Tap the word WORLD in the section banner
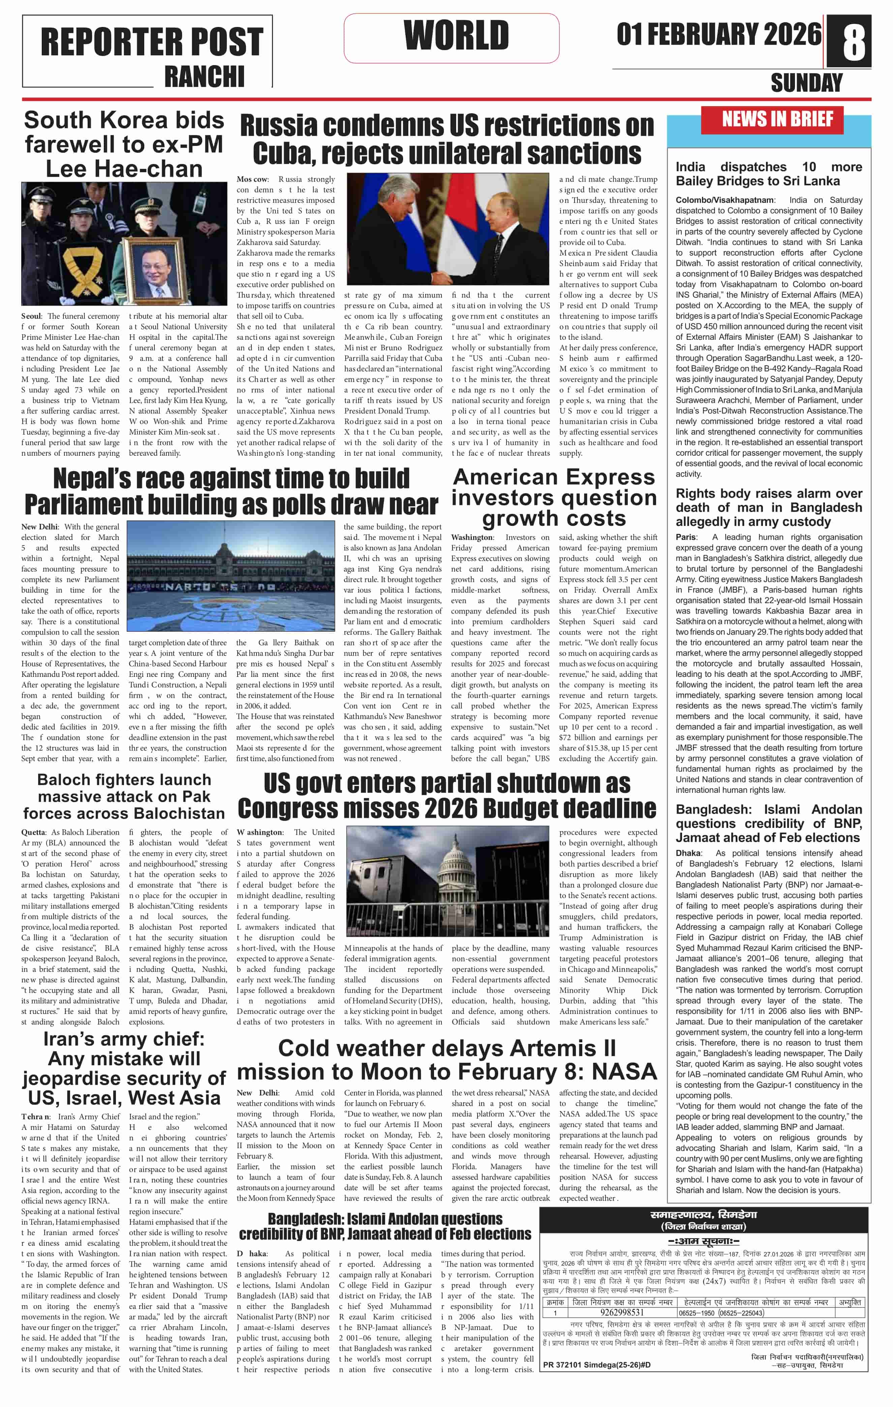456,35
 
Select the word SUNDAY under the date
806,83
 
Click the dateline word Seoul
32,316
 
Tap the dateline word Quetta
33,832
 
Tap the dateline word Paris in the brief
686,537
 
